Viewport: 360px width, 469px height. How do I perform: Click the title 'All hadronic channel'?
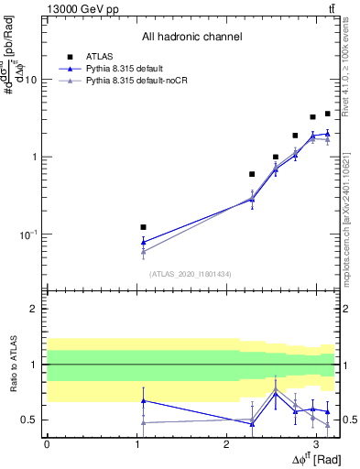click(191, 37)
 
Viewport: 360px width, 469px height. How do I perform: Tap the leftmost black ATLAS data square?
click(143, 226)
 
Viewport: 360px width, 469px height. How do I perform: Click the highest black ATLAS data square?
click(327, 114)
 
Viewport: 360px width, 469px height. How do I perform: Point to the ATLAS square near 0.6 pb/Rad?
click(252, 173)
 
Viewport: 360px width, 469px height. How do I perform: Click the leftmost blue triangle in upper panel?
click(143, 242)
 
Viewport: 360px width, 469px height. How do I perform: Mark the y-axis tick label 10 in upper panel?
click(30, 79)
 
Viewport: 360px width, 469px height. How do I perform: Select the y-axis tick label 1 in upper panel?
click(34, 157)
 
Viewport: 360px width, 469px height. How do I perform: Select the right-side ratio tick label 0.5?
click(350, 420)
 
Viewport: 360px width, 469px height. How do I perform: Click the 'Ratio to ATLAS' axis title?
click(11, 365)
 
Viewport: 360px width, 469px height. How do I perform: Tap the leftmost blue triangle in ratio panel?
click(143, 400)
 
